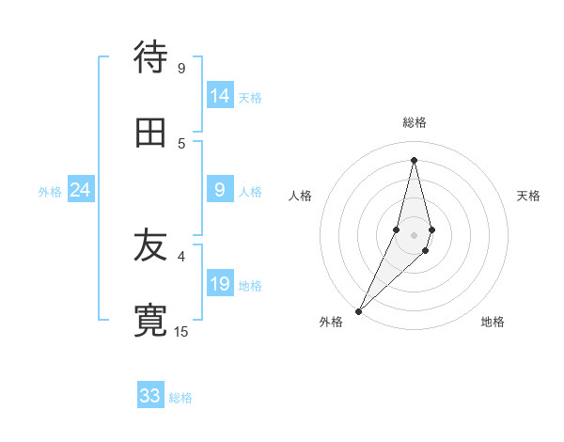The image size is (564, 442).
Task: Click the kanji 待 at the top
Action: tap(150, 57)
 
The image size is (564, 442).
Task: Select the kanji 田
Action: tap(150, 134)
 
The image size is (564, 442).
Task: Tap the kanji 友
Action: tap(150, 247)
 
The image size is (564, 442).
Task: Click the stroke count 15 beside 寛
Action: tap(181, 331)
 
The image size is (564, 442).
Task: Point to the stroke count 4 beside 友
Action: tap(181, 255)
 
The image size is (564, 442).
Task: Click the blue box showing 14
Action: tap(220, 96)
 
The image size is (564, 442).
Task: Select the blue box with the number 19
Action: tap(220, 284)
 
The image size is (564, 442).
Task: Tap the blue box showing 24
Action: tap(81, 190)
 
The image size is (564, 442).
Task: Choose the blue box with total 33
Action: tap(150, 396)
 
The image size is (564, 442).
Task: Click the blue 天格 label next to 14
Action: tap(250, 98)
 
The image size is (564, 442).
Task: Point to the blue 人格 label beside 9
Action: tap(250, 192)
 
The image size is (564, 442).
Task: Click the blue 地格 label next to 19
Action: tap(250, 286)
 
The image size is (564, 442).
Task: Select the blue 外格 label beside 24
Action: tap(50, 192)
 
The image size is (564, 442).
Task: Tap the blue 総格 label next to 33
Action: tap(180, 398)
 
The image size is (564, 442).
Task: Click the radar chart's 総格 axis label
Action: tap(415, 122)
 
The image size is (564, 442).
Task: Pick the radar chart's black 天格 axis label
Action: tap(529, 196)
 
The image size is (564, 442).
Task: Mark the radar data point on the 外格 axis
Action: tap(358, 310)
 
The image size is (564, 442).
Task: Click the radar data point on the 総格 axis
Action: tap(414, 160)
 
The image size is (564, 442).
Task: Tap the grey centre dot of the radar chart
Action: tap(414, 234)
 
